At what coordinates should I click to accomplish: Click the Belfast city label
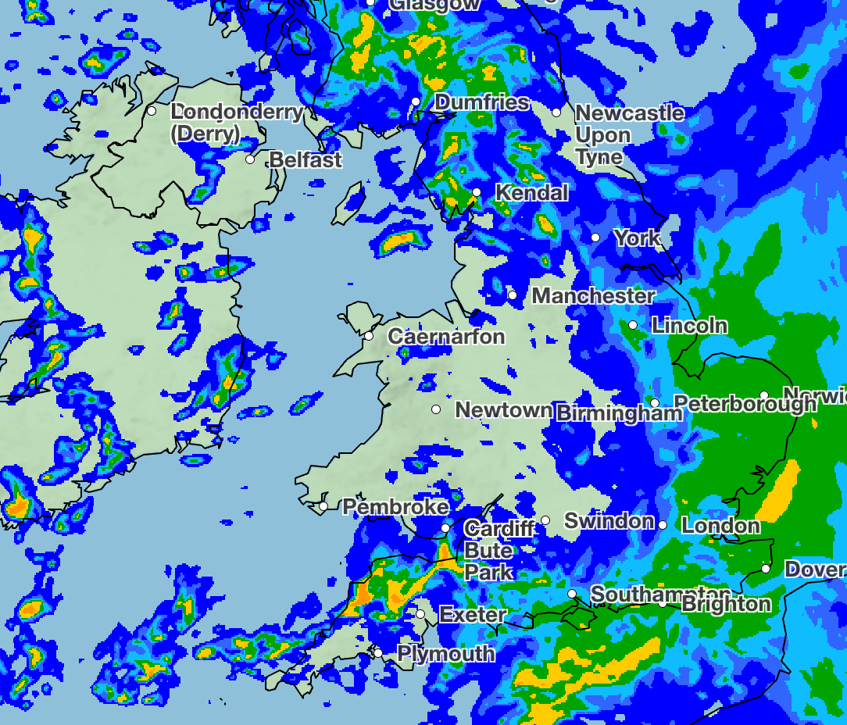tap(306, 160)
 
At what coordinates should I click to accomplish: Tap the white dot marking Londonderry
tap(152, 111)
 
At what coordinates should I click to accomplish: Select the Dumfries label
tap(481, 102)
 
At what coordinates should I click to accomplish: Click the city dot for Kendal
tap(477, 192)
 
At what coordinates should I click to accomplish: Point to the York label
tap(637, 237)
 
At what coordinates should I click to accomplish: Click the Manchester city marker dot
tap(513, 295)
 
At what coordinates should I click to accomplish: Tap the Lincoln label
tap(690, 325)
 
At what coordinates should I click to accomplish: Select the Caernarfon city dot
tap(369, 336)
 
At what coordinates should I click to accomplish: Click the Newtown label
tap(503, 410)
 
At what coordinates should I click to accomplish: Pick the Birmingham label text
tap(619, 413)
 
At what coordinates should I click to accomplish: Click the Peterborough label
tap(745, 404)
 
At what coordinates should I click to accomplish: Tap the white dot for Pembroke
tap(323, 506)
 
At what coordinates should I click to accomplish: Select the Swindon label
tap(609, 520)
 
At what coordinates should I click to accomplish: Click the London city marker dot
tap(663, 525)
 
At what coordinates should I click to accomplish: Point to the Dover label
tap(815, 569)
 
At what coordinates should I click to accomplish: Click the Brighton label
tap(726, 604)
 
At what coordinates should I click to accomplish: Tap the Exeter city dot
tap(420, 614)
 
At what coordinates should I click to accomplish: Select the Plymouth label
tap(446, 653)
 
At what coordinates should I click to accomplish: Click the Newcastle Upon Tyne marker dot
tap(556, 112)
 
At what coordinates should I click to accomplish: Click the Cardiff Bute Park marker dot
tap(445, 528)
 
